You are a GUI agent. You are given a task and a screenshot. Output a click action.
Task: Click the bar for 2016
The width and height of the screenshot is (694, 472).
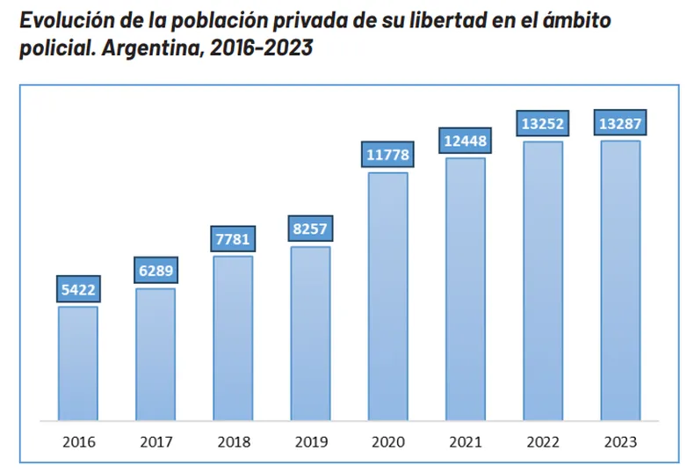coord(78,362)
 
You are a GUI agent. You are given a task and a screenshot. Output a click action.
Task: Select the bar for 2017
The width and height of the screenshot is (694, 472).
coord(155,353)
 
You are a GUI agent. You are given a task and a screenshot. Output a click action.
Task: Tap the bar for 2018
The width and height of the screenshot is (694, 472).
coord(233,338)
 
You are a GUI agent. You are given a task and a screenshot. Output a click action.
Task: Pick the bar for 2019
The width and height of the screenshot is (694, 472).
coord(310,333)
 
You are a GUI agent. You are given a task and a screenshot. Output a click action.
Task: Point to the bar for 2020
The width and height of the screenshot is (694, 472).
coord(387,295)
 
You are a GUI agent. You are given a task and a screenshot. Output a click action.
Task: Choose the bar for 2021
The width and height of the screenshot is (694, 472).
coord(465,288)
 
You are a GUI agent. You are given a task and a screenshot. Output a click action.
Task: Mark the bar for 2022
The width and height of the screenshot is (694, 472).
coord(543,280)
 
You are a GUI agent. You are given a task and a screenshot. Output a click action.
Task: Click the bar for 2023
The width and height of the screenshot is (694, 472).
coord(620,280)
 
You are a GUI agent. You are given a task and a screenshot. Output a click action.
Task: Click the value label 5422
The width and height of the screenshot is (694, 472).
coord(78,289)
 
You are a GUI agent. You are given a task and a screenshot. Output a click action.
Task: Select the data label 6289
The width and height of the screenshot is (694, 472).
coord(155,271)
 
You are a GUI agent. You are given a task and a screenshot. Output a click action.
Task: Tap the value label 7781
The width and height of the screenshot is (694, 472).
coord(233,239)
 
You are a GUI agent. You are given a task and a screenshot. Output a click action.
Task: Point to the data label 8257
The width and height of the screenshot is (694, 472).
coord(310,229)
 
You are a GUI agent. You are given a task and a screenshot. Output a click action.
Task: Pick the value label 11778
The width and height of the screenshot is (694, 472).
coord(387,155)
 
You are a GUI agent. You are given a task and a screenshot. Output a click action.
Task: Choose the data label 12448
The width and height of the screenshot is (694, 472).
coord(465,141)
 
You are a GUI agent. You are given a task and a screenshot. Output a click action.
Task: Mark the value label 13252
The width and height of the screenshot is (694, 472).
coord(543,124)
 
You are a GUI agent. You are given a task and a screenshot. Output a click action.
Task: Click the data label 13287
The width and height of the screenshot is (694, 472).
coord(620,124)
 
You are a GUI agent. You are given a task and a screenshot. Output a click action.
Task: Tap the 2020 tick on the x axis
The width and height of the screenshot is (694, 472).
coord(387,441)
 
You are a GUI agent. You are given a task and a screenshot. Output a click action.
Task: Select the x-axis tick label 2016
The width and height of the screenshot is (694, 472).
coord(78,441)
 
